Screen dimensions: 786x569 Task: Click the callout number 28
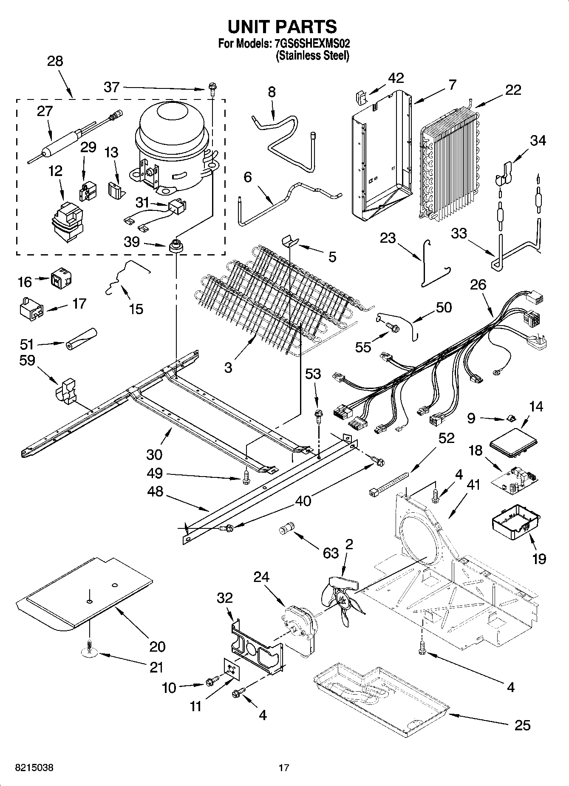point(55,61)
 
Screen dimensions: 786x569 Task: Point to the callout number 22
point(513,91)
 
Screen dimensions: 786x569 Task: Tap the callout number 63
point(331,553)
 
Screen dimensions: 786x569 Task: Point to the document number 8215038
point(34,768)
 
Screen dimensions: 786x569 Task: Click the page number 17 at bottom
point(284,768)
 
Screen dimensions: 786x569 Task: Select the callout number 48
point(155,492)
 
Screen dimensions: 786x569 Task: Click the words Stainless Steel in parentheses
point(312,55)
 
